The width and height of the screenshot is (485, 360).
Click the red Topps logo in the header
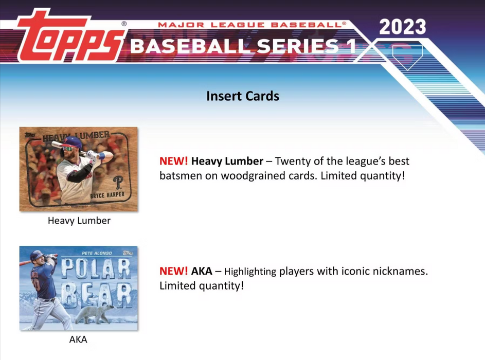coord(69,37)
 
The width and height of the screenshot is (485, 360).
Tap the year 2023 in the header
coord(402,27)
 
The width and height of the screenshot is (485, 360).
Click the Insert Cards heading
coord(243,96)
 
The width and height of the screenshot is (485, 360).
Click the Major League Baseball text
coord(252,25)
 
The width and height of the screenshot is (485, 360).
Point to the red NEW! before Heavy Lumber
coord(173,161)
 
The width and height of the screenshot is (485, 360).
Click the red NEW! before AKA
coord(173,271)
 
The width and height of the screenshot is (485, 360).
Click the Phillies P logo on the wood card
coord(118,183)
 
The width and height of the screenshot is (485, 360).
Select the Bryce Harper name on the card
coord(107,195)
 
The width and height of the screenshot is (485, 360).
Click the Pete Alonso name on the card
coord(97,254)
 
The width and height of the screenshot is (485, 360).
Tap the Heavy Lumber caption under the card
coord(79,221)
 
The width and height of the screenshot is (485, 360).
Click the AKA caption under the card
coord(78,339)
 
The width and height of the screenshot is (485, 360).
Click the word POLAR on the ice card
coord(95,268)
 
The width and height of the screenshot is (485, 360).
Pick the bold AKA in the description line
coord(202,271)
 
